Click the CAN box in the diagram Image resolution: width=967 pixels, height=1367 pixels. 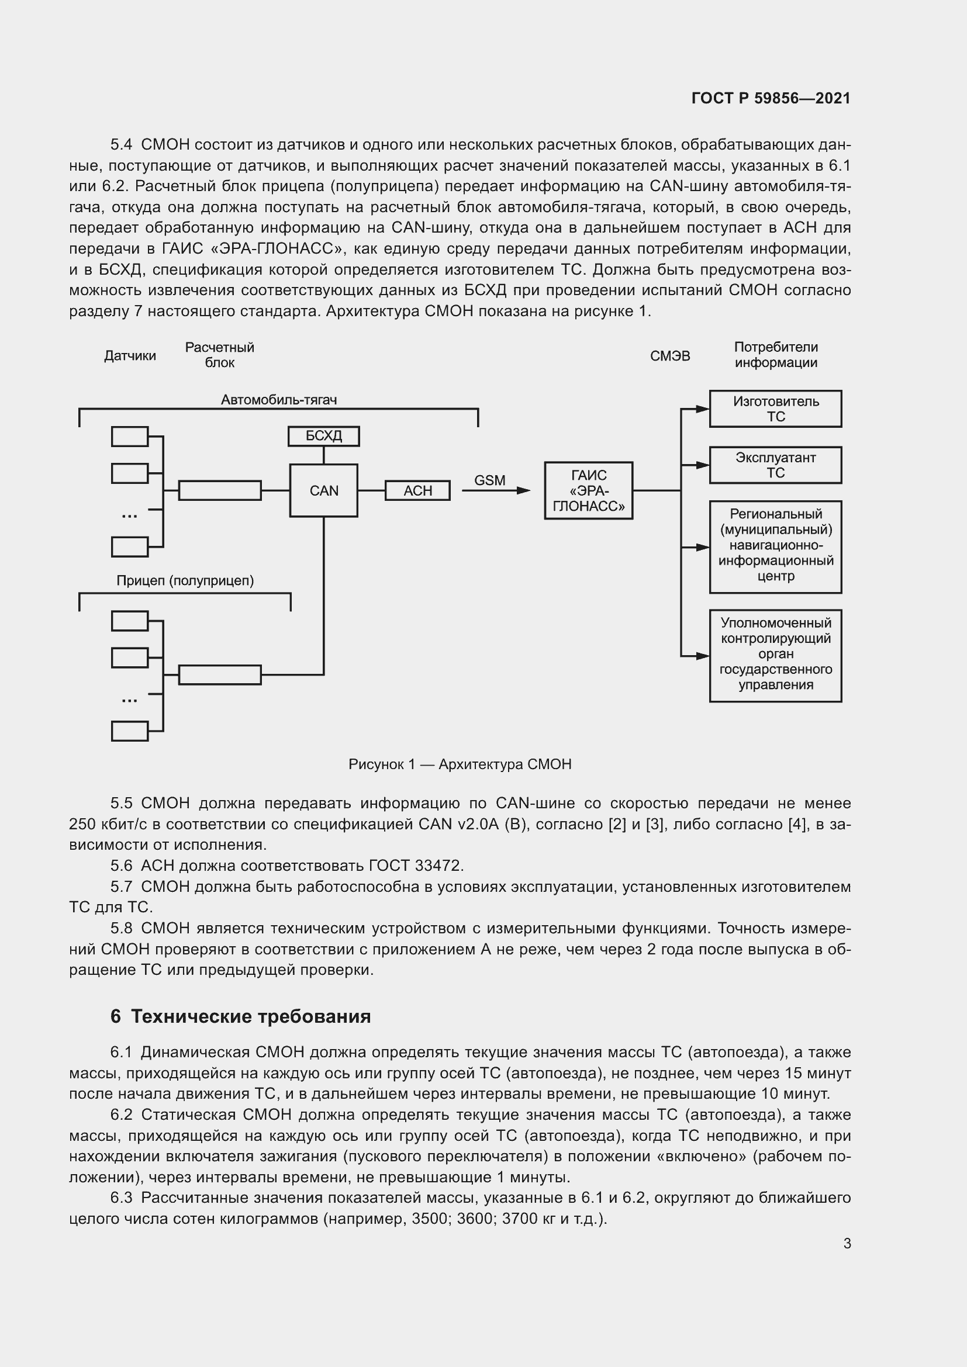click(323, 490)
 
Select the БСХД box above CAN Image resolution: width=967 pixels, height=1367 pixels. click(323, 436)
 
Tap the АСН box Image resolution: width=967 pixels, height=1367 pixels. click(417, 490)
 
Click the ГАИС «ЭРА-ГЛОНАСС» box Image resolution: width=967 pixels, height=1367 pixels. click(588, 490)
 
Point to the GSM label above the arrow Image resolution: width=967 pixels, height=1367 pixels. click(489, 480)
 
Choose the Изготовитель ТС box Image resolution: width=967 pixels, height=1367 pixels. click(775, 409)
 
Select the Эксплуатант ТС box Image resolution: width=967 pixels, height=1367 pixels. click(775, 465)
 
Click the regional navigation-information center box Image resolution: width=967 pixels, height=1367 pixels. click(775, 546)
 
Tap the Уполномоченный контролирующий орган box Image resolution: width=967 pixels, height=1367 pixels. click(775, 656)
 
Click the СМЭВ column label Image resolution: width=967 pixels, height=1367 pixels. click(670, 356)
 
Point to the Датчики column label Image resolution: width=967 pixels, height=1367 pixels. click(130, 356)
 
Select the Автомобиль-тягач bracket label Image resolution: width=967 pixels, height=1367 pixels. click(279, 400)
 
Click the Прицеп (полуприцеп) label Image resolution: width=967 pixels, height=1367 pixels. click(185, 580)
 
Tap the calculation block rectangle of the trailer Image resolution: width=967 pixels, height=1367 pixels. click(220, 674)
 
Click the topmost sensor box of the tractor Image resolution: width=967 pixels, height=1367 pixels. click(130, 437)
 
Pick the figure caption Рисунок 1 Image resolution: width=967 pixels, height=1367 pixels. click(460, 764)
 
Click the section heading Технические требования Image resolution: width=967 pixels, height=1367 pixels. click(251, 1016)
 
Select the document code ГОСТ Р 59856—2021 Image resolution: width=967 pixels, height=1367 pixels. click(771, 98)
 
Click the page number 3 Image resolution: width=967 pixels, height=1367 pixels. click(847, 1243)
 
